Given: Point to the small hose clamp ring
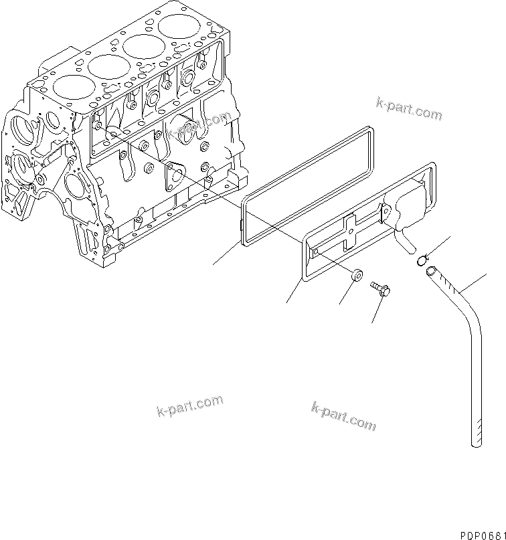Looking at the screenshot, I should pos(424,260).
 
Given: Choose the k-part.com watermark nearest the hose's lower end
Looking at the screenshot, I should pos(343,416).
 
